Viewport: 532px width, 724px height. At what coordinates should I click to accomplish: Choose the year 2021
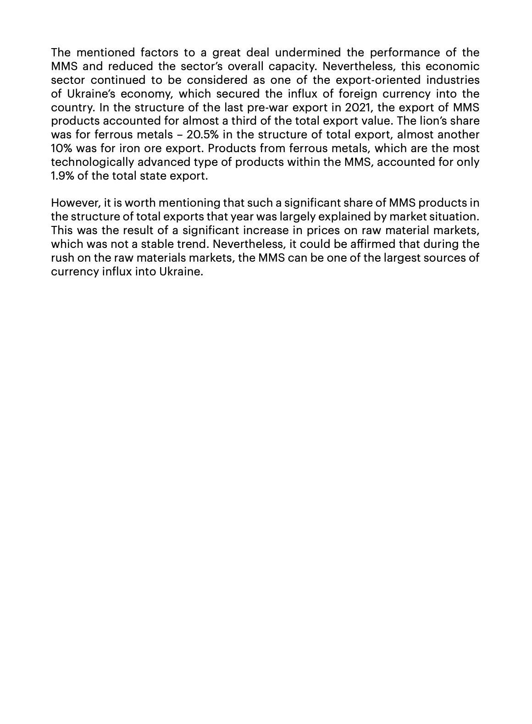tap(360, 107)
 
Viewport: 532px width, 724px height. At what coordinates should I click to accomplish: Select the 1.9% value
tap(62, 176)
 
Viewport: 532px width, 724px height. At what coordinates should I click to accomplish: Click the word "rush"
tap(61, 258)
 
